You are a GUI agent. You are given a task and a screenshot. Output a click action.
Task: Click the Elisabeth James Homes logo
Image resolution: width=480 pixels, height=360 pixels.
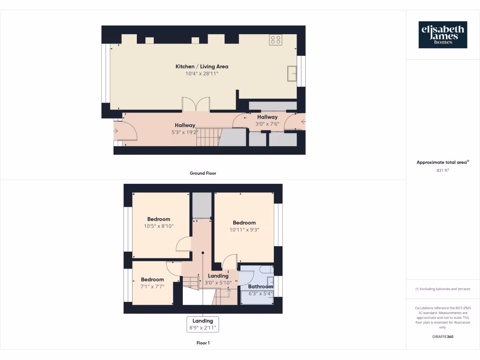442,35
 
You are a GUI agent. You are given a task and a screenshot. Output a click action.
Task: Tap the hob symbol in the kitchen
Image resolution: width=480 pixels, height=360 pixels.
276,40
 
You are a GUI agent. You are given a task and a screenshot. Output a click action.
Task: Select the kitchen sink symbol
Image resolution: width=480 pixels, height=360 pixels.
292,74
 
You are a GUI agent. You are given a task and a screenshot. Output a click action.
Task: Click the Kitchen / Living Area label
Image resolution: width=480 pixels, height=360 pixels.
202,67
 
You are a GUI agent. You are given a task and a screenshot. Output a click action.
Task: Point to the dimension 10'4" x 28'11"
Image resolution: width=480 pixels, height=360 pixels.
202,74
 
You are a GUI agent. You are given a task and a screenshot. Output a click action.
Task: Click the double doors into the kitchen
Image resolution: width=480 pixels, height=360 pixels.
196,104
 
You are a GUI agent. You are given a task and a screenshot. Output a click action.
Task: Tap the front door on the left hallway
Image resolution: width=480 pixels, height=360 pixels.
125,131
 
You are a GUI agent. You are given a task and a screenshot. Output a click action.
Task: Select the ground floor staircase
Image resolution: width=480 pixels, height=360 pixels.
208,137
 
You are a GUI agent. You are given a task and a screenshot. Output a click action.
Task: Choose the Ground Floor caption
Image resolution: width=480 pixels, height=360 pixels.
202,173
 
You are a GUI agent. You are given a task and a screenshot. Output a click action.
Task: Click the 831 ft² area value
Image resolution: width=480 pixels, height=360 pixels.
442,171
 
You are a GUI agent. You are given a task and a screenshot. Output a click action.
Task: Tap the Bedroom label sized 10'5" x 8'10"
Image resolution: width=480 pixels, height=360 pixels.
158,219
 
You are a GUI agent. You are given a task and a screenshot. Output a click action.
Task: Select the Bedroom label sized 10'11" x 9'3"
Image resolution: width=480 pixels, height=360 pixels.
244,223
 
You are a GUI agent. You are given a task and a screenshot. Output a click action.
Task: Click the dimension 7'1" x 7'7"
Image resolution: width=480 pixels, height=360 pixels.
152,287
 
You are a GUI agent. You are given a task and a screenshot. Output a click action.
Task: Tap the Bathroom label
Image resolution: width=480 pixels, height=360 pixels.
260,286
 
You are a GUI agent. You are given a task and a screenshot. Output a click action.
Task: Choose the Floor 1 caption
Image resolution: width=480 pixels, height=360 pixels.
202,343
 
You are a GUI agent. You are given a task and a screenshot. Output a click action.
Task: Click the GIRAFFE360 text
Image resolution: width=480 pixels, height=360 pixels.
442,337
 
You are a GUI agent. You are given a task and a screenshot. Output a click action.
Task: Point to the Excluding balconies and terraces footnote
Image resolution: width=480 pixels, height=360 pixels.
442,289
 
